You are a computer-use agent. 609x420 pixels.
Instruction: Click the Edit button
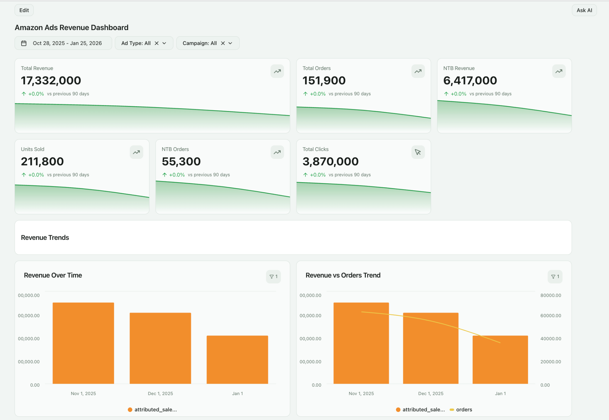click(24, 10)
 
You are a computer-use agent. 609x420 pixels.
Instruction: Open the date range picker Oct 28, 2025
click(63, 43)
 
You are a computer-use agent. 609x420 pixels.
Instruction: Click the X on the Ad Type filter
click(157, 43)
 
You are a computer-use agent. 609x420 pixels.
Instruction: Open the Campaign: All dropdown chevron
click(230, 43)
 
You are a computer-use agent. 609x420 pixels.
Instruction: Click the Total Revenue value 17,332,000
click(51, 80)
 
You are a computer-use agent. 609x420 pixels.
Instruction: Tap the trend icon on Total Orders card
click(418, 71)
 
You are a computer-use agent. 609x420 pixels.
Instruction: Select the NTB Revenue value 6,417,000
click(470, 80)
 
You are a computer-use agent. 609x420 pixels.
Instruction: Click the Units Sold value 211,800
click(42, 161)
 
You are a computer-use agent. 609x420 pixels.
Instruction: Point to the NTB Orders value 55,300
click(181, 161)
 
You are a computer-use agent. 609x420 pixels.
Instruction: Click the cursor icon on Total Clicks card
click(418, 152)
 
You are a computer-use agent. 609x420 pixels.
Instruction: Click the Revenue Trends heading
click(45, 238)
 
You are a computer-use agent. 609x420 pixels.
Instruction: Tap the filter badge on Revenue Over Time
click(273, 277)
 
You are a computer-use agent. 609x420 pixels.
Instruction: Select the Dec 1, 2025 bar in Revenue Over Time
click(160, 348)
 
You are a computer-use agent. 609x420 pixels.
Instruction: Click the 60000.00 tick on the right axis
click(550, 316)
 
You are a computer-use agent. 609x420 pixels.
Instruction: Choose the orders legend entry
click(464, 410)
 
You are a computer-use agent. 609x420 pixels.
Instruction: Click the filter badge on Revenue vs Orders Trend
click(555, 277)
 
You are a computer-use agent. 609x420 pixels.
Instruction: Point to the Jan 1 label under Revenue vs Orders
click(500, 394)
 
